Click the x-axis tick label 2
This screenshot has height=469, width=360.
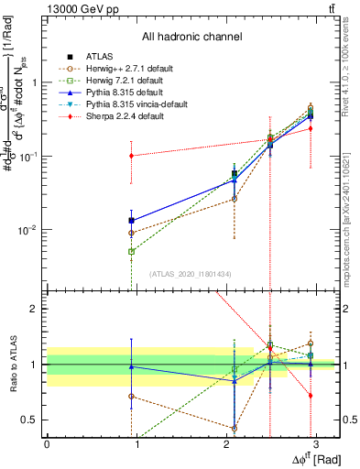click(x=226, y=442)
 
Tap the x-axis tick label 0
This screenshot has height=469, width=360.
click(x=47, y=442)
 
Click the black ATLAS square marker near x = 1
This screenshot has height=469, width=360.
click(x=132, y=220)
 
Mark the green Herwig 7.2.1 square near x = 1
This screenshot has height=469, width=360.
click(x=132, y=251)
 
